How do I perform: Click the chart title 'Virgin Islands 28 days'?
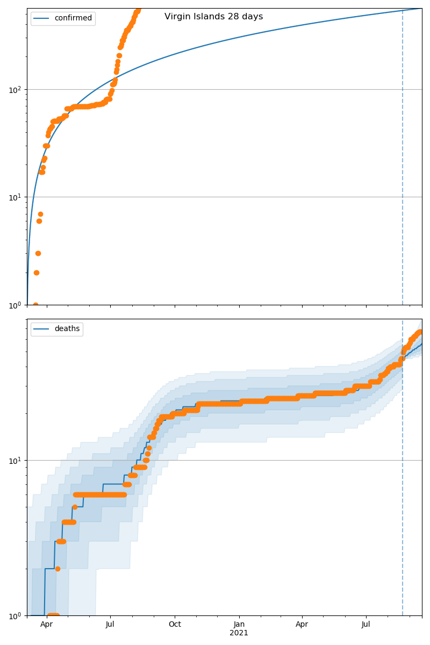tap(213, 17)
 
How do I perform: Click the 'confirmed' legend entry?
tap(73, 18)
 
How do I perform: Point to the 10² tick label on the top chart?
tap(16, 89)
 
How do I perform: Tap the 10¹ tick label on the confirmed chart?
tap(16, 197)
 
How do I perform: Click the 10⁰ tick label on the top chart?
tap(16, 305)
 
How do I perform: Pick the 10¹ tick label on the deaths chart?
tap(16, 460)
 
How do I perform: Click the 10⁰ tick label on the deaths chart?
tap(16, 615)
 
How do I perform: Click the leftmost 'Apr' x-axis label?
tap(47, 625)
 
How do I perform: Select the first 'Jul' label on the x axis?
tap(110, 625)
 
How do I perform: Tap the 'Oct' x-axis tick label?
tap(175, 625)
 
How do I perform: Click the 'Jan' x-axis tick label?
tap(239, 625)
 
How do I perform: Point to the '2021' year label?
tap(239, 633)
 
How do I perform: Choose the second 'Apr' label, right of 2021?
tap(302, 625)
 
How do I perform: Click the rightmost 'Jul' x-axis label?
tap(366, 625)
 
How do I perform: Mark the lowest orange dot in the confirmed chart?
tap(35, 305)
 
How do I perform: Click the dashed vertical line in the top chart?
tap(403, 161)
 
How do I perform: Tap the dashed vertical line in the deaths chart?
tap(403, 484)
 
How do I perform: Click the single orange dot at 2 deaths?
tap(58, 569)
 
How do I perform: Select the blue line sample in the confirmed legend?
tap(42, 18)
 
